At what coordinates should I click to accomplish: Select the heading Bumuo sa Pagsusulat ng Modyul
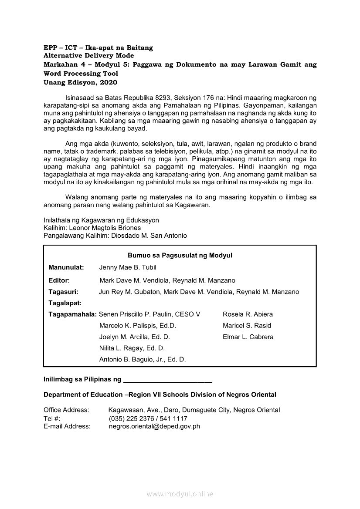180,256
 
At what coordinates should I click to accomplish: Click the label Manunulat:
66,267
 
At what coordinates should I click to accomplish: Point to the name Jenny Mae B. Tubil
128,267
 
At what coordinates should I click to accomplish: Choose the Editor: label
59,280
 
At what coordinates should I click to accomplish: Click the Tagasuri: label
64,292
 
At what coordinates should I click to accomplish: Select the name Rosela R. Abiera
248,314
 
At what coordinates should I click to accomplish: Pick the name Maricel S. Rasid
247,326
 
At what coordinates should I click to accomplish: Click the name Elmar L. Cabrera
248,337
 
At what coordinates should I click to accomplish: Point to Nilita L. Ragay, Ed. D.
132,348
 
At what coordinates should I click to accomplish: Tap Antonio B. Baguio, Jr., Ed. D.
143,360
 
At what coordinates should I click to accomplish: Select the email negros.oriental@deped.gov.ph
154,427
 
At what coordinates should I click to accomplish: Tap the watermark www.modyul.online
180,494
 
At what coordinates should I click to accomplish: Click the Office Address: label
66,410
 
